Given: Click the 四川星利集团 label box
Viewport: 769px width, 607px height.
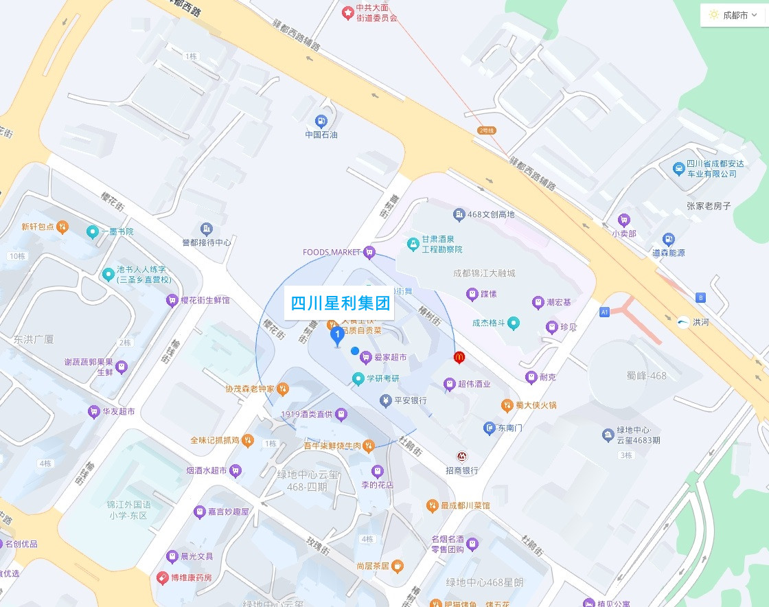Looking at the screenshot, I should point(340,303).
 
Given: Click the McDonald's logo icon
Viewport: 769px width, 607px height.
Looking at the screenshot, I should point(459,357).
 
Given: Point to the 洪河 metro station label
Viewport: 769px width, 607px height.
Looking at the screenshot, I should point(700,322).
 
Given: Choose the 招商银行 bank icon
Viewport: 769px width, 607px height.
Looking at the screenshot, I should point(463,457).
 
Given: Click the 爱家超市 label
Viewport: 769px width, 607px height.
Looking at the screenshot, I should point(390,357).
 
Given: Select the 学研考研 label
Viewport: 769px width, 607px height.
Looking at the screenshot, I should point(382,378).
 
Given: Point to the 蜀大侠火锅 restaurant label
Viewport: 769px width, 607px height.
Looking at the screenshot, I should point(536,405).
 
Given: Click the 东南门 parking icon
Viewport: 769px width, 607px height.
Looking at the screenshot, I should point(489,428).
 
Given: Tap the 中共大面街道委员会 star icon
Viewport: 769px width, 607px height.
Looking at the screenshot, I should point(348,12).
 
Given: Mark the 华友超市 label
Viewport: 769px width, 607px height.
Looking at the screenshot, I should point(118,412).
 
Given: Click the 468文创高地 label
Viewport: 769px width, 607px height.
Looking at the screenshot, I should point(490,214).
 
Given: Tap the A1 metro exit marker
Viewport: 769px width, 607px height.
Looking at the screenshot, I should point(604,312).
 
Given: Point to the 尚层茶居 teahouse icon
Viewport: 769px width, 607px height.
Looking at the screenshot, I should point(397,566).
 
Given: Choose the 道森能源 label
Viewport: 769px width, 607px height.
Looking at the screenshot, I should point(668,253).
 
